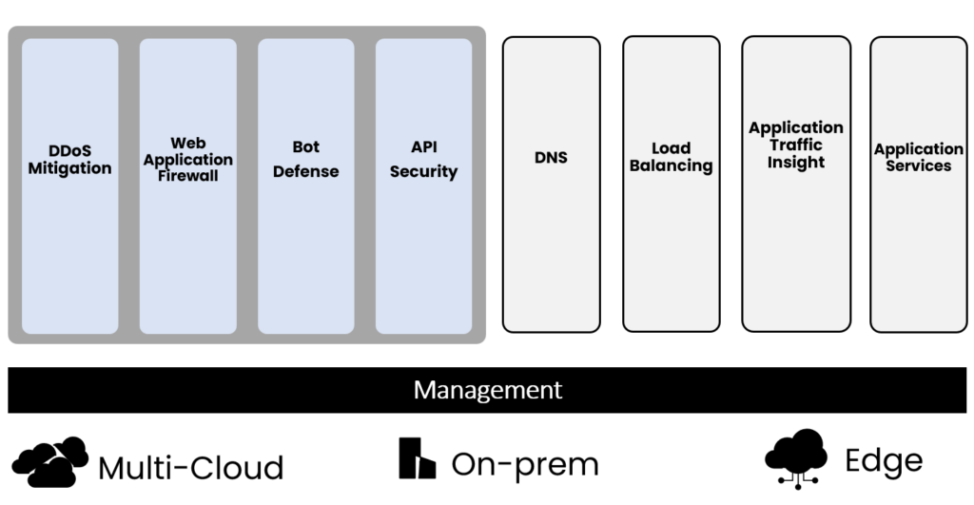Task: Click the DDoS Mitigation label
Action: pyautogui.click(x=69, y=160)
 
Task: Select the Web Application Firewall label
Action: pyautogui.click(x=188, y=160)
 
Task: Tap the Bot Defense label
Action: pyautogui.click(x=305, y=160)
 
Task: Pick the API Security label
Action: pyautogui.click(x=423, y=160)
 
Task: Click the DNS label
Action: pyautogui.click(x=551, y=157)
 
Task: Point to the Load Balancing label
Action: pyautogui.click(x=671, y=157)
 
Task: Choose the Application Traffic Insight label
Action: pyautogui.click(x=796, y=145)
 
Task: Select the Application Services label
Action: pyautogui.click(x=918, y=157)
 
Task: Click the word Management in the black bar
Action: pyautogui.click(x=487, y=390)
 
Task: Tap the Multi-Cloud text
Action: pyautogui.click(x=191, y=468)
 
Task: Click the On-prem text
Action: pyautogui.click(x=525, y=464)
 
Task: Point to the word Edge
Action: pyautogui.click(x=884, y=461)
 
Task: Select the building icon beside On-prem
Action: pyautogui.click(x=417, y=458)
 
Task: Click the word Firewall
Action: pyautogui.click(x=188, y=176)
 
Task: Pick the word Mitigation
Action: pyautogui.click(x=69, y=168)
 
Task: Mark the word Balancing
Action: pyautogui.click(x=671, y=165)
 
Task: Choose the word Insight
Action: pyautogui.click(x=796, y=162)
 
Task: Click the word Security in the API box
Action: pyautogui.click(x=423, y=171)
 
